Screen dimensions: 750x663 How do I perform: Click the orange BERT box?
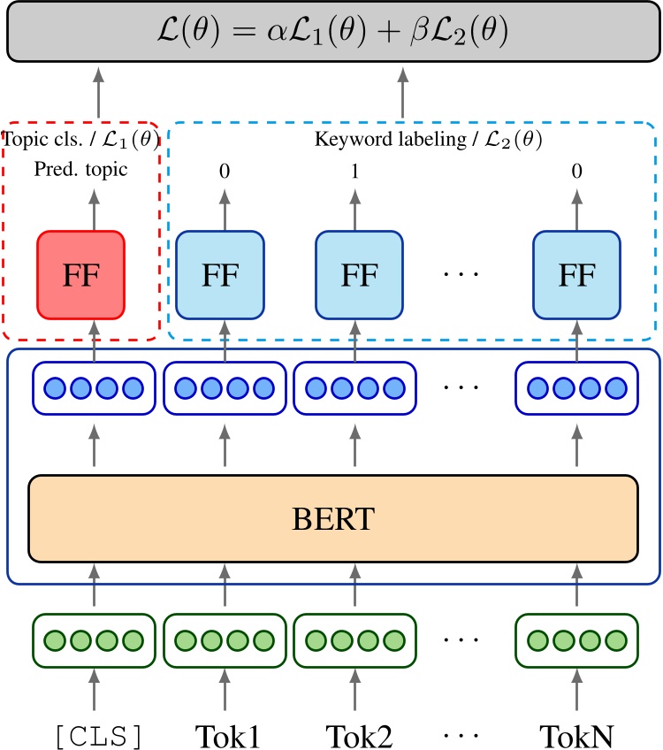coord(332,518)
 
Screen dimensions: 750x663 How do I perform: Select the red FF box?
coord(80,275)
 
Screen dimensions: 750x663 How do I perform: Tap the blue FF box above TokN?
coord(577,275)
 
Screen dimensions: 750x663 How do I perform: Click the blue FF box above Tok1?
coord(220,275)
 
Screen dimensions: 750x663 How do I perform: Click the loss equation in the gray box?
coord(332,31)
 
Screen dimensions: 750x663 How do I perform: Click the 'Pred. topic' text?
coord(80,169)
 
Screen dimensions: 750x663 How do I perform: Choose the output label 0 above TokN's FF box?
coord(577,171)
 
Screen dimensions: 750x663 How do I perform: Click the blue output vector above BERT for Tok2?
coord(356,388)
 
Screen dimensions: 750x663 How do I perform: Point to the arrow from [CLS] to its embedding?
coord(95,693)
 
